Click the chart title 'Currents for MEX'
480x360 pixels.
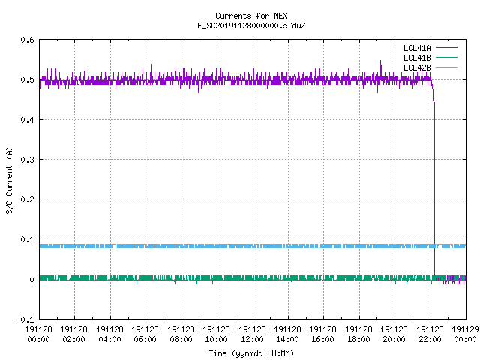pyautogui.click(x=251, y=16)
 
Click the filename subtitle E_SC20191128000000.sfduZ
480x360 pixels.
pyautogui.click(x=251, y=25)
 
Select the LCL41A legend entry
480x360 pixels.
pyautogui.click(x=430, y=48)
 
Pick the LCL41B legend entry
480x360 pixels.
pyautogui.click(x=430, y=58)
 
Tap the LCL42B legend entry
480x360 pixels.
pyautogui.click(x=430, y=67)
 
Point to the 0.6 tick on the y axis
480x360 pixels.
pyautogui.click(x=27, y=40)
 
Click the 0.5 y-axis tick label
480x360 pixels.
pyautogui.click(x=27, y=79)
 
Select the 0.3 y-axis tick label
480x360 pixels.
pyautogui.click(x=27, y=160)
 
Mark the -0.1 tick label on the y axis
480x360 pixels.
pyautogui.click(x=25, y=319)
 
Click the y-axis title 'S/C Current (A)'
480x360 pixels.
pyautogui.click(x=10, y=181)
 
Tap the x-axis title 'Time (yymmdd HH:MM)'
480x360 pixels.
pyautogui.click(x=251, y=353)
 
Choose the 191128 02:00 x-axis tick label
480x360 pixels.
pyautogui.click(x=73, y=334)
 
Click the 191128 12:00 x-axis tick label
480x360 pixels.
pyautogui.click(x=252, y=334)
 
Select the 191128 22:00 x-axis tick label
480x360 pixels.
pyautogui.click(x=430, y=334)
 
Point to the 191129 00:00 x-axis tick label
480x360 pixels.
pyautogui.click(x=465, y=334)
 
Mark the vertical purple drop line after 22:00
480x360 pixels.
pyautogui.click(x=434, y=190)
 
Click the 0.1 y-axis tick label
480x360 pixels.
pyautogui.click(x=27, y=239)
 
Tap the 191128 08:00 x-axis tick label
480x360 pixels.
pyautogui.click(x=181, y=334)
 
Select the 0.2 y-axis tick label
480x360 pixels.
pyautogui.click(x=27, y=199)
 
